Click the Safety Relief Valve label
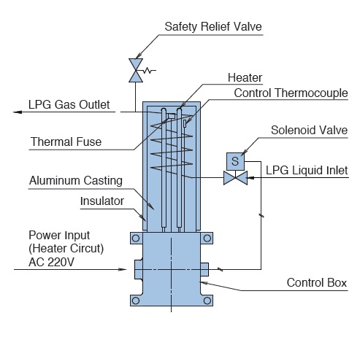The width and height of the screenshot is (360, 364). coord(213,26)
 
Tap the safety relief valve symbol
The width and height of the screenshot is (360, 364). coord(136,70)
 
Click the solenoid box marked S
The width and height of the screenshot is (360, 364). coord(235,161)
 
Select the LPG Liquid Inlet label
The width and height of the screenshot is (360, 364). coord(307,171)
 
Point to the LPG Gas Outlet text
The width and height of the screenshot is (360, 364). coord(69,104)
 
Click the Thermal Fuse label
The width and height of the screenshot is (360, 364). coord(66,142)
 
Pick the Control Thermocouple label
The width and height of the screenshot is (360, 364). coord(291,93)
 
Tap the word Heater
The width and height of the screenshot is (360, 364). coord(245,78)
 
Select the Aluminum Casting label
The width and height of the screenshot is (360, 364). coord(76,181)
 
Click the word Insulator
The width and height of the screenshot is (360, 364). coord(102,201)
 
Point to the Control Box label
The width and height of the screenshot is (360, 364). coord(317,283)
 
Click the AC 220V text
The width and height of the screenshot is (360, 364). coord(51,262)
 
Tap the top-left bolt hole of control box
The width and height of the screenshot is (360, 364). coord(136,238)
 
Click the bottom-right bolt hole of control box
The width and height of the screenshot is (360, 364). coord(207,301)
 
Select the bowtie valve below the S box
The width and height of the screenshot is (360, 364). coord(235,178)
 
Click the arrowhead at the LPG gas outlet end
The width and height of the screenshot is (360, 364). coord(18,112)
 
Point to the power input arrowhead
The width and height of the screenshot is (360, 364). coord(122,269)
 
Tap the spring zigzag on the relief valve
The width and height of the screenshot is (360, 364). coord(149,71)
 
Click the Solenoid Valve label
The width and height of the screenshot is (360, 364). coord(309,131)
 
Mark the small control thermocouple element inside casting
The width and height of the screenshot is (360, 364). coord(185,123)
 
